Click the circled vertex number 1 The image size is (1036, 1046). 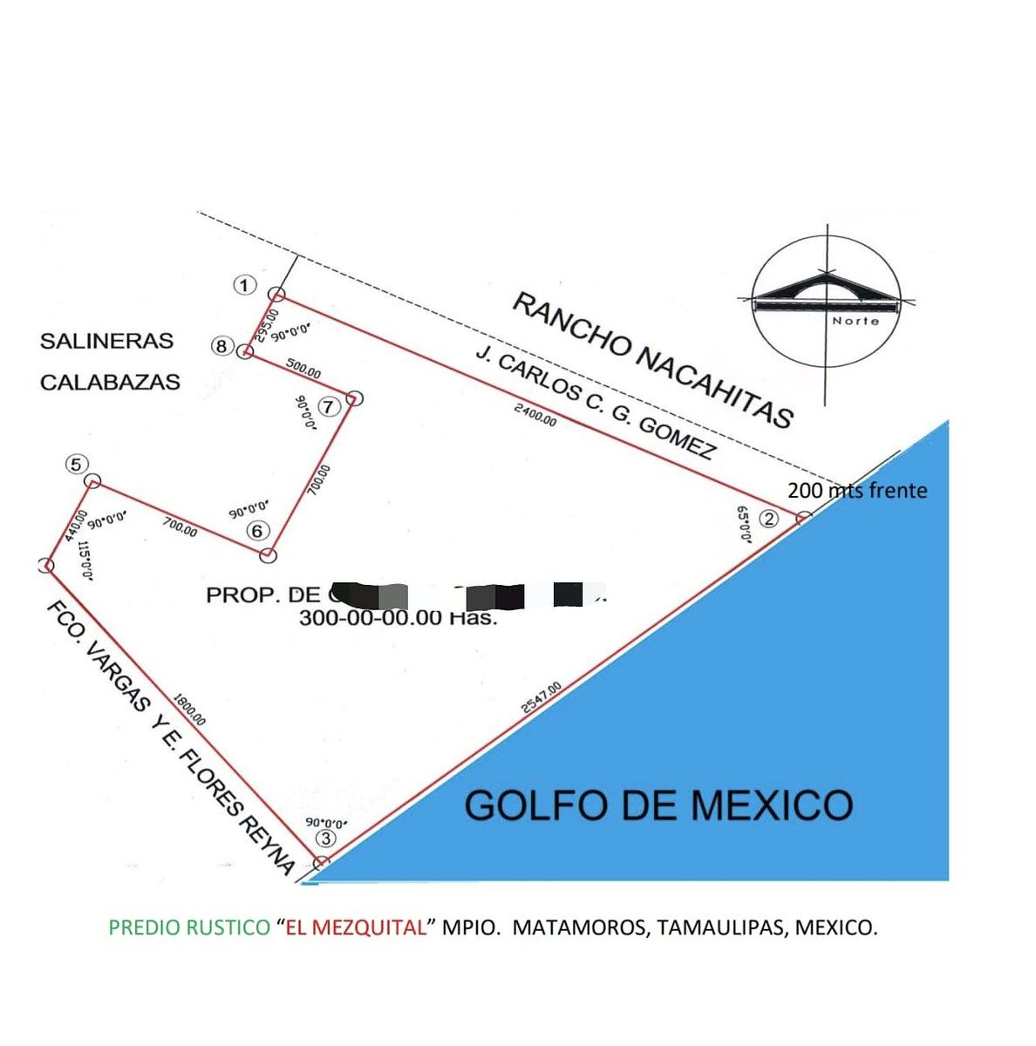[245, 285]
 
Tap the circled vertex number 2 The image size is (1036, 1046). [768, 519]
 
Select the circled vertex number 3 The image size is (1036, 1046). [325, 839]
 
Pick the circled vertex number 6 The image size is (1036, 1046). [256, 530]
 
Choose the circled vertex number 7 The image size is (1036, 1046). [328, 406]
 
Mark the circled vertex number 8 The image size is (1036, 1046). [222, 347]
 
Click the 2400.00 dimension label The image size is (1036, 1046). [535, 416]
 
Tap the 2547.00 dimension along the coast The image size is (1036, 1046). [542, 697]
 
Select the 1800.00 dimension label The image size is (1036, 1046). [189, 709]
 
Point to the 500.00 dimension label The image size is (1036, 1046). [303, 370]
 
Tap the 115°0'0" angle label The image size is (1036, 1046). [85, 561]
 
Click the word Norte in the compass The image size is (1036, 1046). [855, 321]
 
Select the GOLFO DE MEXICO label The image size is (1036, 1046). [658, 805]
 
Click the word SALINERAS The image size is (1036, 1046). [106, 341]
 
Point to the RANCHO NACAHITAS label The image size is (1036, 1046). [652, 361]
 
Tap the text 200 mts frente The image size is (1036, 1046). [857, 491]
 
